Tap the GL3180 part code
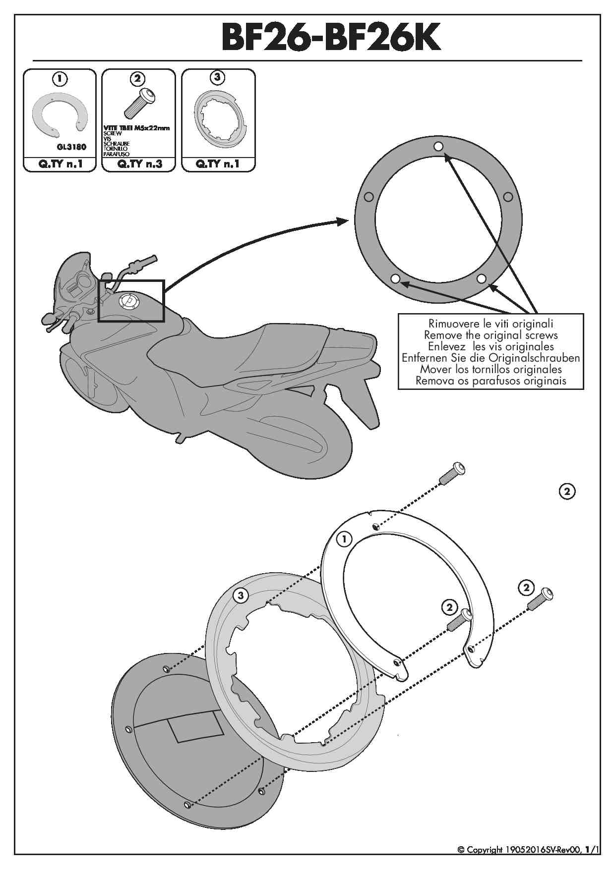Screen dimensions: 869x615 (71, 147)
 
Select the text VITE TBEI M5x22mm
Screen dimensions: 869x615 (136, 128)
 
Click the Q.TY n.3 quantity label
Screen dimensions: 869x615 (139, 164)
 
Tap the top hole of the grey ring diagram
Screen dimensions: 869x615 (438, 146)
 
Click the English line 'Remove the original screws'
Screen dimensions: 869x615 (491, 335)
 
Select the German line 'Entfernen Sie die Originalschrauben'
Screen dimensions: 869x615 (491, 358)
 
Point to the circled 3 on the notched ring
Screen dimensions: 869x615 (241, 595)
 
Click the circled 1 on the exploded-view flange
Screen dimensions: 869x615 (344, 539)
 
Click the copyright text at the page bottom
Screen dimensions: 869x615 (528, 850)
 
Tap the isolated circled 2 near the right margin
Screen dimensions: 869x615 (567, 491)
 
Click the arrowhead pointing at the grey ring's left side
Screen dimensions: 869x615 (342, 221)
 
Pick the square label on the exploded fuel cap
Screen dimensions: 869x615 (196, 727)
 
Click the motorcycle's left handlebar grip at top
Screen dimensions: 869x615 (144, 263)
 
